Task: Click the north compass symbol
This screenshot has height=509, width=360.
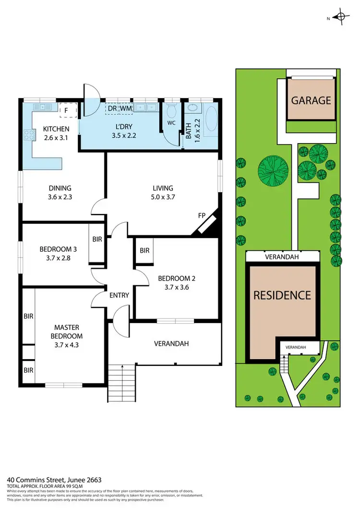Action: click(x=342, y=17)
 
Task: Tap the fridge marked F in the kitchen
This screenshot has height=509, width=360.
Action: click(x=65, y=110)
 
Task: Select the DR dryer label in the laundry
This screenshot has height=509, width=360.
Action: click(x=112, y=109)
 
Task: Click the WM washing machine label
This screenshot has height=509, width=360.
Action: click(x=126, y=109)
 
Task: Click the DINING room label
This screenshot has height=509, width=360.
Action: click(x=60, y=188)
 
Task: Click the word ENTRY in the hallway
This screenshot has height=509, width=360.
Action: click(x=119, y=295)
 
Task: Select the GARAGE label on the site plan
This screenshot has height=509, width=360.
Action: click(x=312, y=100)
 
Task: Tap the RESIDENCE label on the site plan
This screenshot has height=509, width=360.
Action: click(x=282, y=295)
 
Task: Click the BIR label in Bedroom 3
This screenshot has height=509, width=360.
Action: click(x=97, y=239)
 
